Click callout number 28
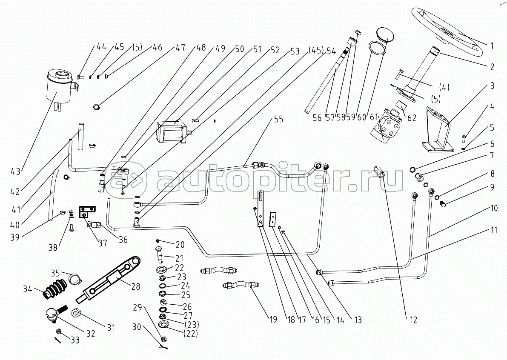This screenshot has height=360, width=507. (x=135, y=286)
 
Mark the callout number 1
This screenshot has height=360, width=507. (x=492, y=45)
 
